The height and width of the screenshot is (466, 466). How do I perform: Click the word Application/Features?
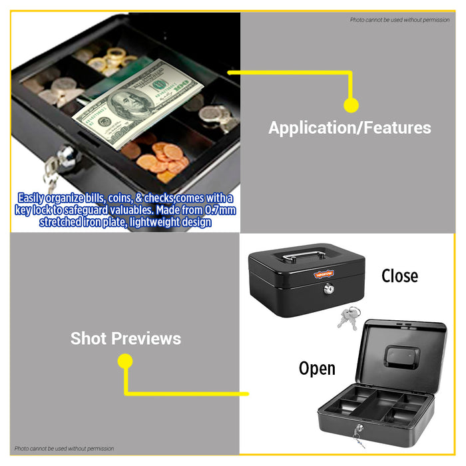click(349, 128)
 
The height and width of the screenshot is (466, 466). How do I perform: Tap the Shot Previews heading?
click(126, 338)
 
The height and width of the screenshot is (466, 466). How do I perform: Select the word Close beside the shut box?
click(399, 276)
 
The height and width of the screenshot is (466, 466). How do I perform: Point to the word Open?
click(317, 369)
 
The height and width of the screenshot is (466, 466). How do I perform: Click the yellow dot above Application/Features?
click(351, 105)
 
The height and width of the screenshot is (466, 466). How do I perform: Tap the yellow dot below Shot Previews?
click(125, 361)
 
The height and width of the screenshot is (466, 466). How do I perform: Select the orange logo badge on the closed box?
click(324, 274)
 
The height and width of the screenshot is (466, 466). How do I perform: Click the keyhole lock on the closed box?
click(329, 288)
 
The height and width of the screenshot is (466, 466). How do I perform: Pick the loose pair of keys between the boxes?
click(348, 318)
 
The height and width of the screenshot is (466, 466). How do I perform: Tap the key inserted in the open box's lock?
click(358, 436)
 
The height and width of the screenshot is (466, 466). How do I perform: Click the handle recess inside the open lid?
click(402, 357)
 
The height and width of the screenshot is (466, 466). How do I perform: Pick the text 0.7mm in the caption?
click(220, 210)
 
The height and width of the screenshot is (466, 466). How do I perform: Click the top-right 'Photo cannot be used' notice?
click(399, 20)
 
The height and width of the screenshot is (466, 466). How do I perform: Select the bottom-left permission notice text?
click(64, 449)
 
